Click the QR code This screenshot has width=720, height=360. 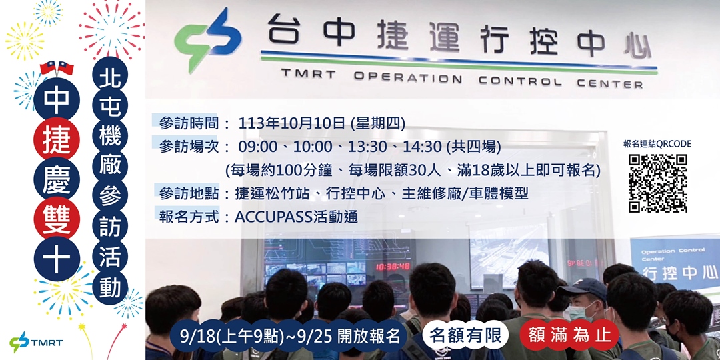[657, 183]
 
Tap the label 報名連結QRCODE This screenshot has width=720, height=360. [657, 143]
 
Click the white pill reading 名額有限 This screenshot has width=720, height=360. [465, 335]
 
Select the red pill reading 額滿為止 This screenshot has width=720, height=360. [569, 335]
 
